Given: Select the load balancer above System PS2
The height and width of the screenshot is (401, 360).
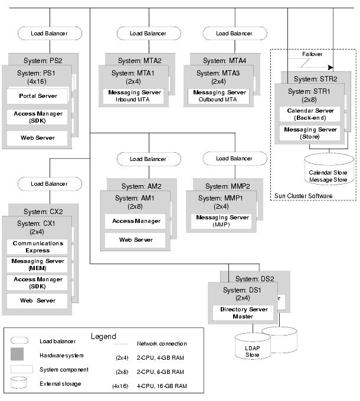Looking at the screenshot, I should [x=48, y=34].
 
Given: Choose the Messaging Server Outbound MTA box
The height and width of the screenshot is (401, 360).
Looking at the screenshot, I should [x=220, y=96].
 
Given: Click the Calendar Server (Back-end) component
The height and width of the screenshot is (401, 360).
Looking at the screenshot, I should [x=310, y=114].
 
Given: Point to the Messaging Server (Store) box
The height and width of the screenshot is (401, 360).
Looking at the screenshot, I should [x=310, y=133].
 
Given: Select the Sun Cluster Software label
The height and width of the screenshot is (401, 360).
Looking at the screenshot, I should [x=303, y=196].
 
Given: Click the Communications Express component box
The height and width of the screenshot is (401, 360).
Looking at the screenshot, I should [x=38, y=246].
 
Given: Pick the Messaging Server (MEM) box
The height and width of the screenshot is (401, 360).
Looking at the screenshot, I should [x=38, y=265].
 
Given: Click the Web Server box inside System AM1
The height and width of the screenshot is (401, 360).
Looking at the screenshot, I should [x=136, y=240].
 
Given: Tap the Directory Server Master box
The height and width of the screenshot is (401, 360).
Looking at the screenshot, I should [x=242, y=313].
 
